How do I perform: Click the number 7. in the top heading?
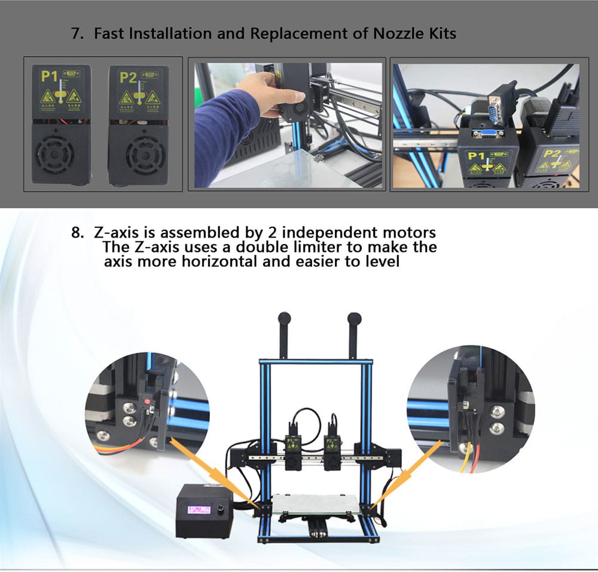pos(77,33)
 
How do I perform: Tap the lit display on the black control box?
pos(199,510)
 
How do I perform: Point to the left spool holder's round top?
pos(284,318)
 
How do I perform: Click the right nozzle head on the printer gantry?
pos(331,450)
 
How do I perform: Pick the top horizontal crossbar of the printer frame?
pos(316,362)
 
